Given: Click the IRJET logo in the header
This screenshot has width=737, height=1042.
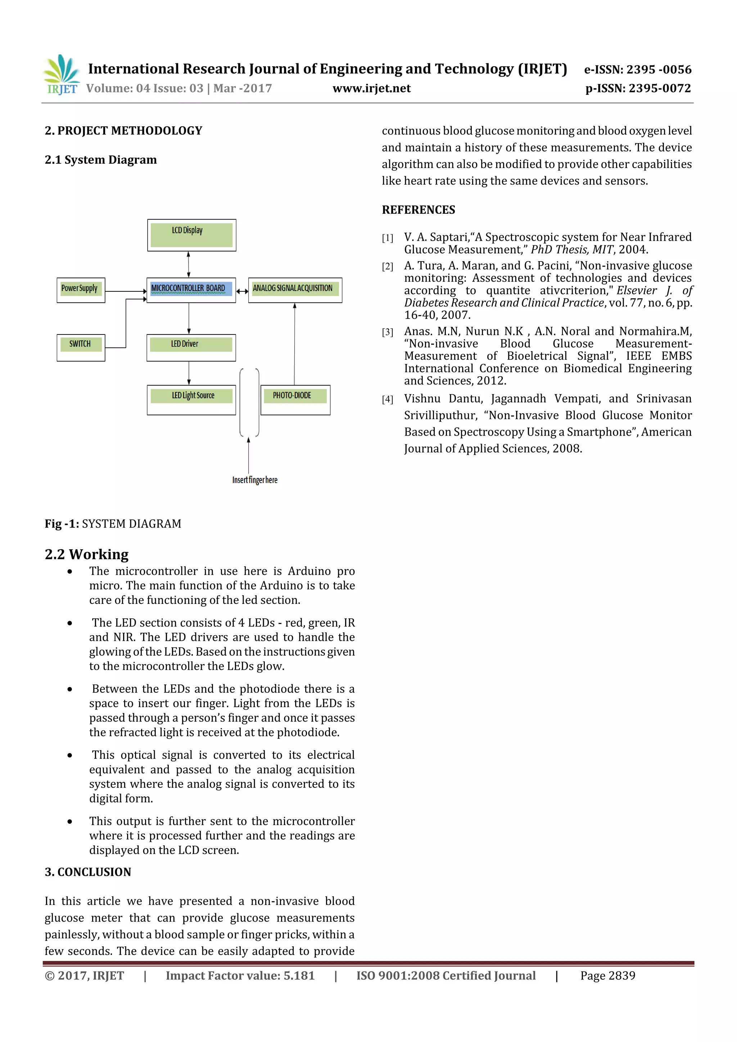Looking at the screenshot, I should click(61, 74).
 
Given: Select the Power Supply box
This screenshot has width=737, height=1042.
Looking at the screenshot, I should click(81, 290).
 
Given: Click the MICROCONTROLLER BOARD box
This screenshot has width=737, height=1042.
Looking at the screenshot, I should click(191, 290).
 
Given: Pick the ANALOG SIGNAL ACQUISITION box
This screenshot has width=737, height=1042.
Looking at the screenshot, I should click(295, 290).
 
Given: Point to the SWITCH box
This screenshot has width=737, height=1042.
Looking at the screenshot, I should click(81, 348).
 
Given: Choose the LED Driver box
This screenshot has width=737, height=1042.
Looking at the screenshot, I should click(191, 348).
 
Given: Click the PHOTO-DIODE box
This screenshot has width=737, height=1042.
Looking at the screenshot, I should click(295, 399).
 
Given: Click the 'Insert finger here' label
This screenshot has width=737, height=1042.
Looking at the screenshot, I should click(254, 480).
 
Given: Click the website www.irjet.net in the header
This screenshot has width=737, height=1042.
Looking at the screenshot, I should click(371, 88).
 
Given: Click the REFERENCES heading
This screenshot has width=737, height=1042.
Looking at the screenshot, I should click(418, 210).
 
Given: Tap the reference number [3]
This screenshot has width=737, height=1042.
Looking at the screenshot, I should click(387, 332).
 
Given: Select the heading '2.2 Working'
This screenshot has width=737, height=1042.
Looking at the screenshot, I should click(87, 554).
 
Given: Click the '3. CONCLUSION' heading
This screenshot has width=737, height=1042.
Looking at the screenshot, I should click(88, 872).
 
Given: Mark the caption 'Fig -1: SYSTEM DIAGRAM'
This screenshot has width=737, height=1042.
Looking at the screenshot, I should click(113, 524).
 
